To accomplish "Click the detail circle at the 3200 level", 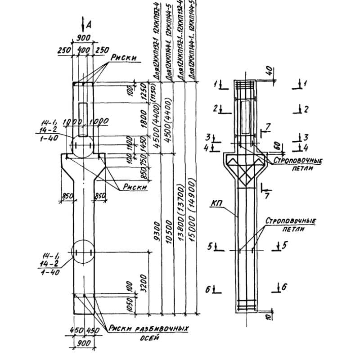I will (83, 252).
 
